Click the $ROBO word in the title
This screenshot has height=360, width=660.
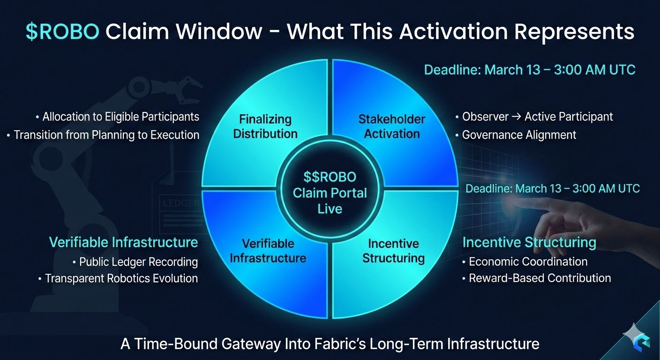[x=62, y=31]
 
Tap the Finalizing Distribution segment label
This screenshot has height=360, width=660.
[x=265, y=127]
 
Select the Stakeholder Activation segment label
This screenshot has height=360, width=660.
[x=392, y=127]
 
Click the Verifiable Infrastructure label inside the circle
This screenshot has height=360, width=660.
[x=268, y=251]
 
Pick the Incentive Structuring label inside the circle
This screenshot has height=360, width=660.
[x=394, y=251]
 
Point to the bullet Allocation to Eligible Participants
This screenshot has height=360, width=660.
[x=118, y=117]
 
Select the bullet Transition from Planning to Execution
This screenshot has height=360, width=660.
[x=103, y=135]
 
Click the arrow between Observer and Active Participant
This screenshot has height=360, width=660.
[x=517, y=117]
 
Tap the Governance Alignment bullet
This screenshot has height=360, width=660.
[x=516, y=135]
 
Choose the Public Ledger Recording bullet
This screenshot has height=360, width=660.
[x=135, y=262]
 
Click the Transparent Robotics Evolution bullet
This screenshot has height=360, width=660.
[x=118, y=278]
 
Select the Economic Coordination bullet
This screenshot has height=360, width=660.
[x=525, y=262]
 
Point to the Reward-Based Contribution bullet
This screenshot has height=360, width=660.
[x=537, y=278]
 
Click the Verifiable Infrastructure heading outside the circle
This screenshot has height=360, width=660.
[x=123, y=242]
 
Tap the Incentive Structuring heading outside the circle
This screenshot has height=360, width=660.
[x=530, y=243]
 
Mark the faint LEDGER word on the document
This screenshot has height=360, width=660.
[x=181, y=203]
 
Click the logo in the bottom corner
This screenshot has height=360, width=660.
[x=638, y=339]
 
